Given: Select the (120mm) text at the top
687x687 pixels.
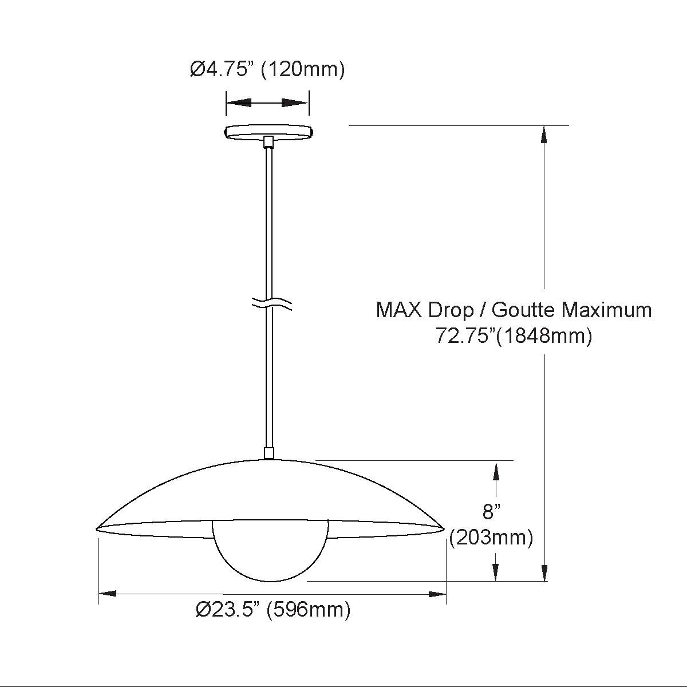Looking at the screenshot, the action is click(x=303, y=69).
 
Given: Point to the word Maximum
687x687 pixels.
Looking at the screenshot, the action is click(x=607, y=310).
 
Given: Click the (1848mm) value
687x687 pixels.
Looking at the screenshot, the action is click(x=544, y=336).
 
